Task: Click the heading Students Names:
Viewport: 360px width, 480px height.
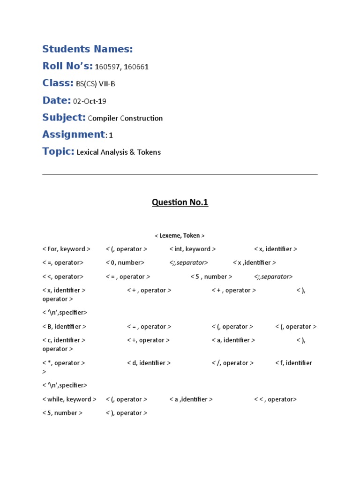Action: (x=88, y=49)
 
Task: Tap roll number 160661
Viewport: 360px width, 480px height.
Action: (x=136, y=67)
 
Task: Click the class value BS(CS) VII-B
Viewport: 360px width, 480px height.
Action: (x=96, y=84)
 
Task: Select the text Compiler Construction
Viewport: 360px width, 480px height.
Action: (x=125, y=118)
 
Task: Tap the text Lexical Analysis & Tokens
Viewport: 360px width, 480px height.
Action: (x=119, y=152)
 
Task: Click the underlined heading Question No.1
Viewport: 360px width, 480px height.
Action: (x=180, y=202)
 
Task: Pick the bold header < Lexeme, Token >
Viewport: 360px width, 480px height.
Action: (x=180, y=236)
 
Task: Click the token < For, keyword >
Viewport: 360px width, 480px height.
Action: (x=66, y=249)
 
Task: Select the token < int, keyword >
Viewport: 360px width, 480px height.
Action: (x=192, y=249)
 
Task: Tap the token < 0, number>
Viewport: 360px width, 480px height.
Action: (x=125, y=263)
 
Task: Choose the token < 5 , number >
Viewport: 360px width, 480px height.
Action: (x=211, y=277)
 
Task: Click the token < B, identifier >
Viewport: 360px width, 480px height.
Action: (x=64, y=327)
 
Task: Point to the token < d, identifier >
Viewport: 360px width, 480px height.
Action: (x=149, y=363)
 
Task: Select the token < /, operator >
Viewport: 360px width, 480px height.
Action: (x=232, y=363)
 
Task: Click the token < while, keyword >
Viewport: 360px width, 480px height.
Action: (x=69, y=399)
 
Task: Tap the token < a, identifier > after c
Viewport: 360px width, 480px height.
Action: (x=233, y=340)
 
